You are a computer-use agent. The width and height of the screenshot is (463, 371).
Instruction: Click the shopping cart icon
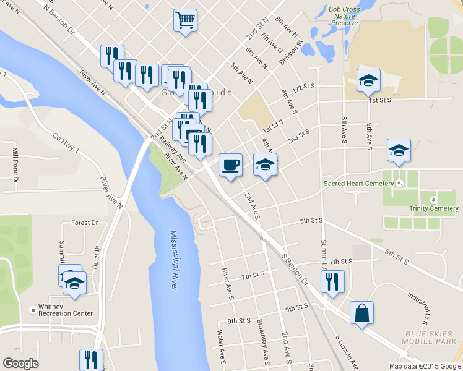tap(185, 20)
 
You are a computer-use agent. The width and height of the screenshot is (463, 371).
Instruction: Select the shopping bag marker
tap(361, 313)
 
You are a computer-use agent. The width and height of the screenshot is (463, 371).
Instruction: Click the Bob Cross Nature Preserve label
tap(344, 16)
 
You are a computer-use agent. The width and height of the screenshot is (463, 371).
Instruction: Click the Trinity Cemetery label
tap(433, 208)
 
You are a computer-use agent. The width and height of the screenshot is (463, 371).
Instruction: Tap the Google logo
tap(20, 364)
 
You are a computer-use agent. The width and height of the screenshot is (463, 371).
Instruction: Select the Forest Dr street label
tap(85, 223)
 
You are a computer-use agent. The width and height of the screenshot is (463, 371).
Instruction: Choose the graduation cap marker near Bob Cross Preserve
tap(368, 80)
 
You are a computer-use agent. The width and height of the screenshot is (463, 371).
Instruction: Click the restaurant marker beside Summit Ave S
tap(332, 282)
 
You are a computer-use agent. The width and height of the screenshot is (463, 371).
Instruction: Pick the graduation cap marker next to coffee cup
tap(265, 165)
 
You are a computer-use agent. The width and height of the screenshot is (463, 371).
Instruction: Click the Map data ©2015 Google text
tap(424, 366)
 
